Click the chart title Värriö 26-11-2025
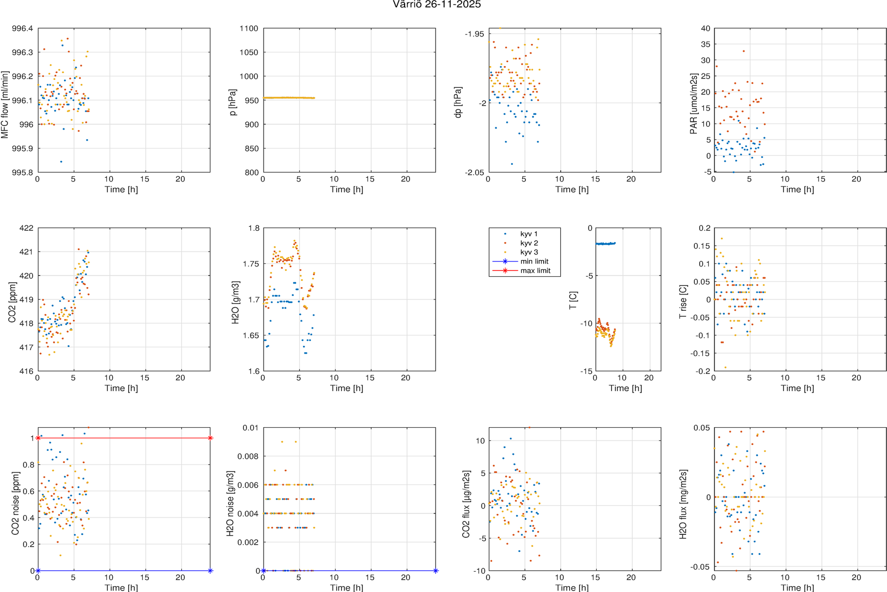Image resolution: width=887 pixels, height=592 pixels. point(437,4)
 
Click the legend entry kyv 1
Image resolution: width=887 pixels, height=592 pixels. point(529,234)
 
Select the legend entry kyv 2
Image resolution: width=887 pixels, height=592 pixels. point(529,243)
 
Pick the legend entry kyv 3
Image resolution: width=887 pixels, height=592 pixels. point(529,252)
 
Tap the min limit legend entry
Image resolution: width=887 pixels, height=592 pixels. point(534,261)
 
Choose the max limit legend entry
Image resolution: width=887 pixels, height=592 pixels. point(535,271)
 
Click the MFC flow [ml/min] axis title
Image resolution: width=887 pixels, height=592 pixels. point(5,105)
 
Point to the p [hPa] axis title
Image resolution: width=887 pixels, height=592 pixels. point(233,103)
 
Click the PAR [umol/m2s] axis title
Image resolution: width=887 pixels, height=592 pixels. point(693,104)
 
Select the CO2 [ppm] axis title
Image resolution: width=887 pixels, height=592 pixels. point(12,302)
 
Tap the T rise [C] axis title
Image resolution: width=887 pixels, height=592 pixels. point(683,301)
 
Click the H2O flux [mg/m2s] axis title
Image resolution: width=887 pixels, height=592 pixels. point(683,504)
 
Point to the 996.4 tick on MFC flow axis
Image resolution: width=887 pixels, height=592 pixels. point(23,29)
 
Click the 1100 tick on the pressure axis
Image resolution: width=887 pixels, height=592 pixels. point(249,29)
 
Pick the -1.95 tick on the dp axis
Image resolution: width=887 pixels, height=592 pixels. point(475,34)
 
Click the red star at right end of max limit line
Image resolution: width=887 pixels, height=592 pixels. point(210,438)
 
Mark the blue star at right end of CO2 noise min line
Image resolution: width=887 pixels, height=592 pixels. point(210,571)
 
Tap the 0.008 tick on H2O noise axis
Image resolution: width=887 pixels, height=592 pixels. point(247,456)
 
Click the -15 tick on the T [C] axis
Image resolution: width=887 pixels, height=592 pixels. point(586,371)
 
